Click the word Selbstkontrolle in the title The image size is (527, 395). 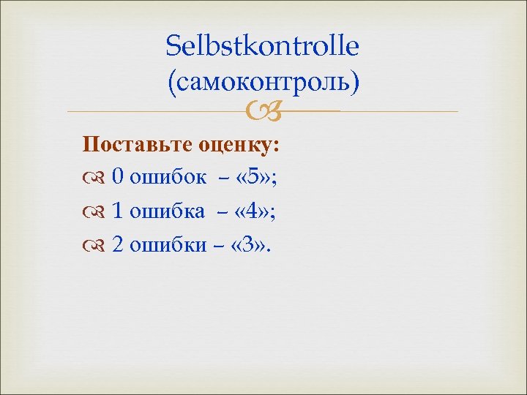pos(263,47)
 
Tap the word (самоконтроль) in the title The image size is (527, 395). pos(263,82)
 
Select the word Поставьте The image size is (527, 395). pos(137,145)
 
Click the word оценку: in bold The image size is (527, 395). pos(239,145)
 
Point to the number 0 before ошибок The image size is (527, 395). pos(117,178)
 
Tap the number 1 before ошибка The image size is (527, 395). pos(117,211)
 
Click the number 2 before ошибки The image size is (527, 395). pos(117,244)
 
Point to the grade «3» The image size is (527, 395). pos(249,244)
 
